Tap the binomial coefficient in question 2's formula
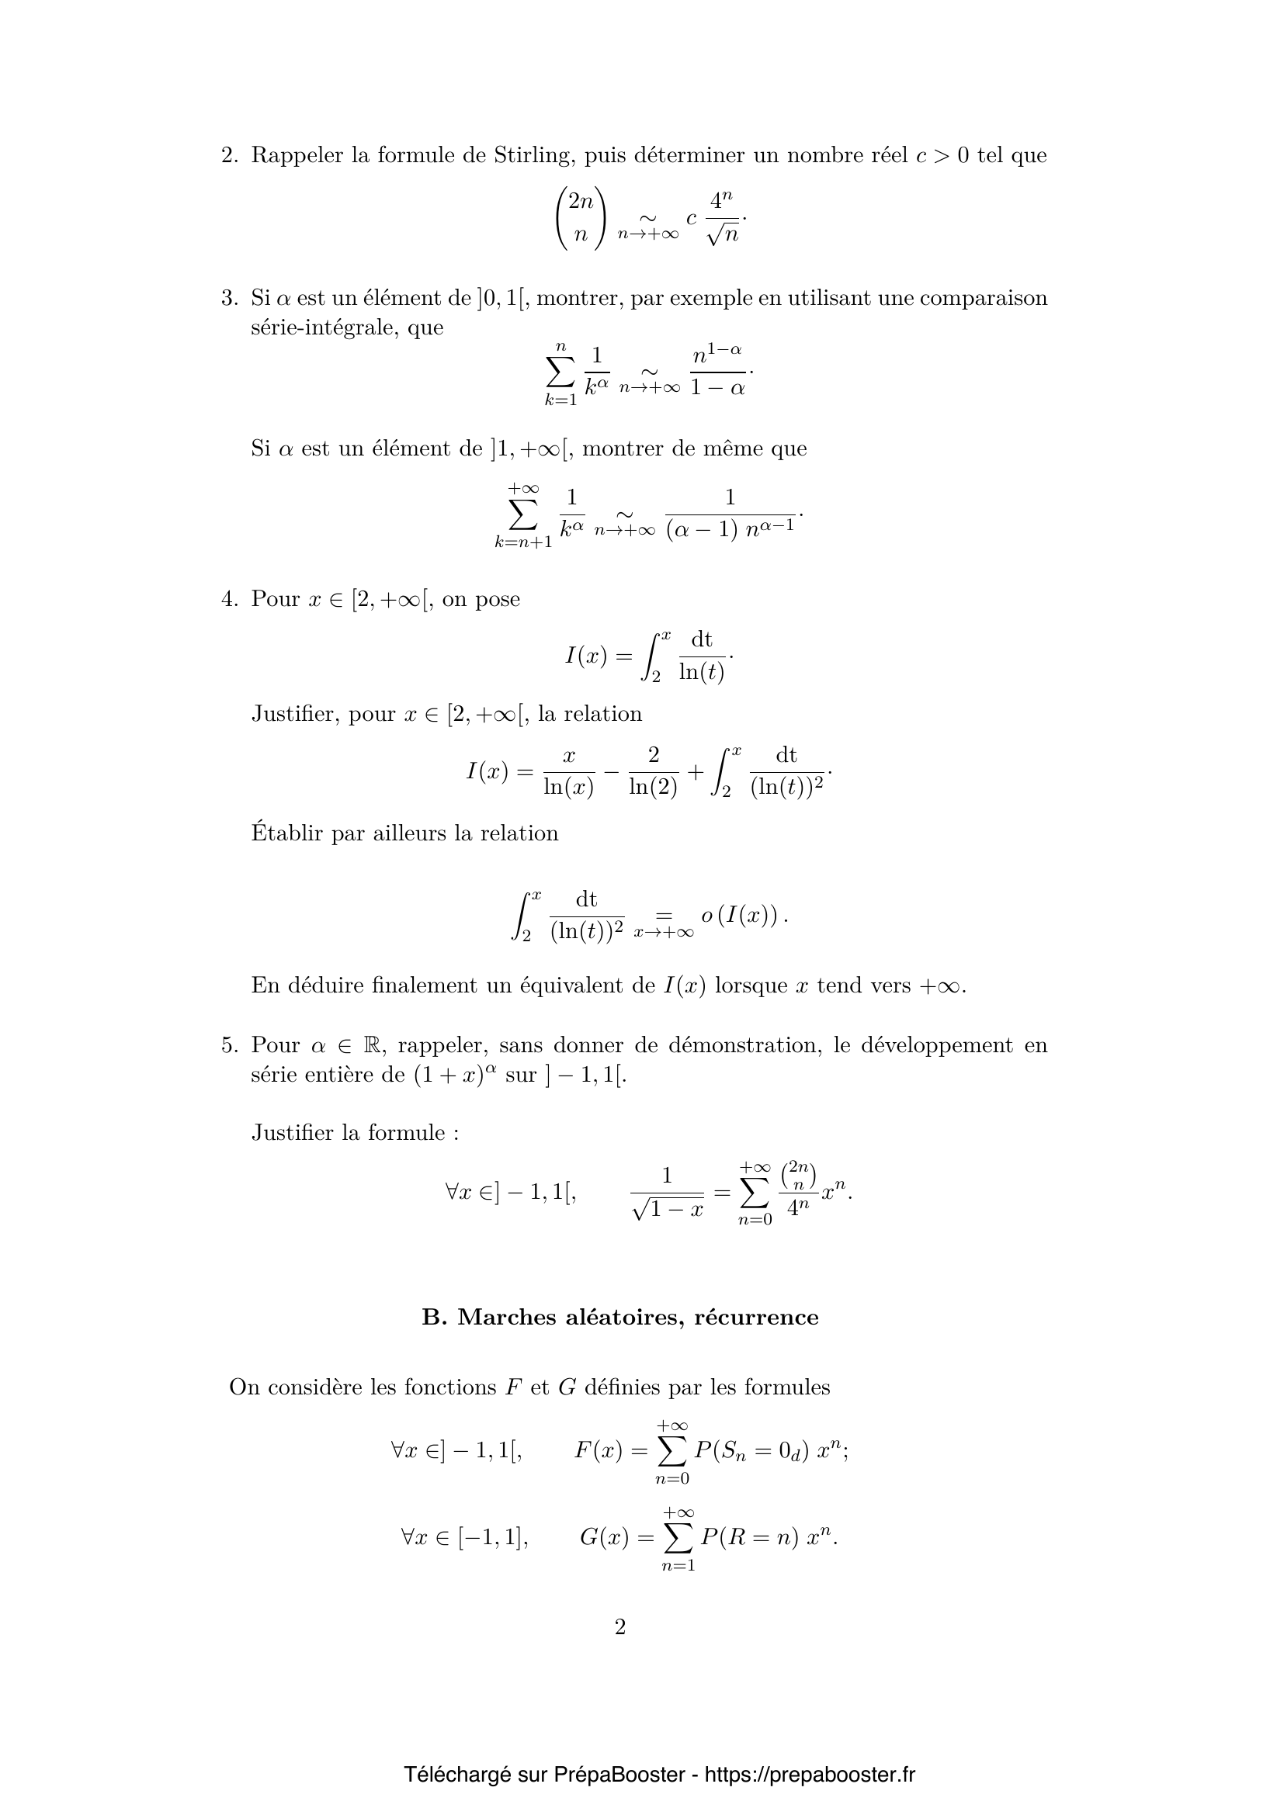coord(581,217)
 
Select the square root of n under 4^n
coord(724,235)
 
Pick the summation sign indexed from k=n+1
coord(523,515)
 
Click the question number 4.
coord(228,599)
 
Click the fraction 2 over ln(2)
coord(653,772)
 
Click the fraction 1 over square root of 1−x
coord(668,1191)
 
